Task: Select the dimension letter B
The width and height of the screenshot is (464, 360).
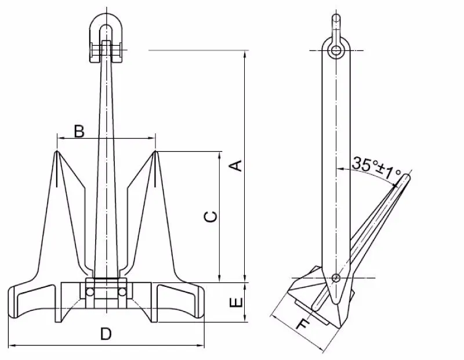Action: pyautogui.click(x=79, y=131)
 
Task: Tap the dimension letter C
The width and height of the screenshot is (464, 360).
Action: pyautogui.click(x=212, y=216)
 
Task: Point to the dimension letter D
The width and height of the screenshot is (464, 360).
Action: pyautogui.click(x=106, y=334)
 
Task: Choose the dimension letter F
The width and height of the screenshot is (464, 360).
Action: pyautogui.click(x=301, y=325)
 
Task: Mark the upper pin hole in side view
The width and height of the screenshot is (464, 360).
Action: pyautogui.click(x=336, y=51)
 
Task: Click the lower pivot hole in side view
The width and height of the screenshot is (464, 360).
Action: pyautogui.click(x=336, y=278)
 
